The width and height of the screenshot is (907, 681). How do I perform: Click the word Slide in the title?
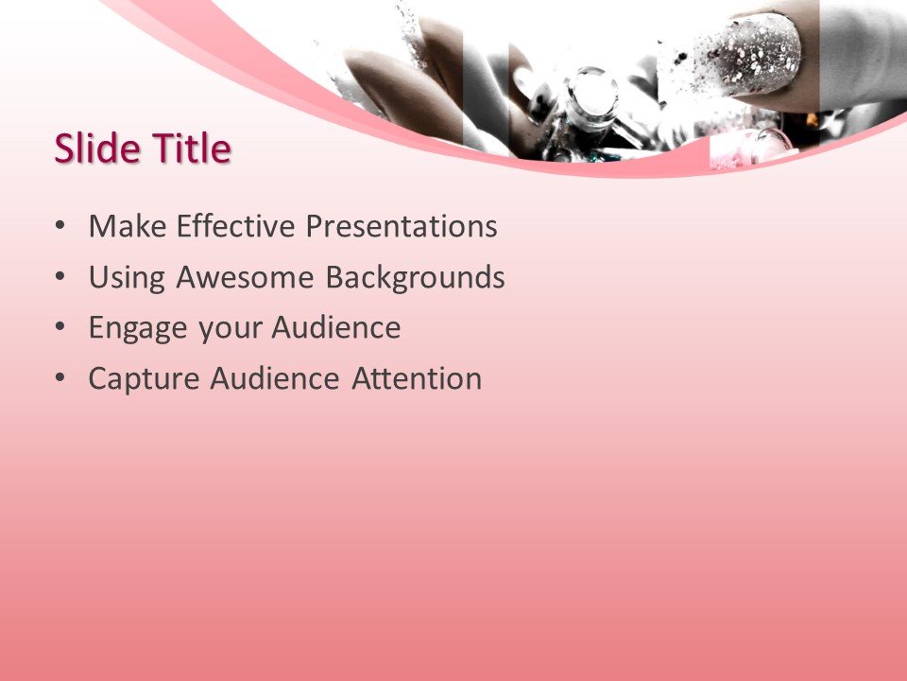coord(94,149)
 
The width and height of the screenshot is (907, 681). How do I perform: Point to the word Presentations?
coord(401,227)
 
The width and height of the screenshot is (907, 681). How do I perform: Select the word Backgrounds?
coord(415,278)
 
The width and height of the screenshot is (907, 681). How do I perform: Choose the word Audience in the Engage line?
coord(336,329)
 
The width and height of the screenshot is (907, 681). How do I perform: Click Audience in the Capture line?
coord(275,379)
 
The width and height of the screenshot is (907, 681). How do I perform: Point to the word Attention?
coord(417,379)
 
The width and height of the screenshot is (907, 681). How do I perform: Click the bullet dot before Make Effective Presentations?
coord(61,228)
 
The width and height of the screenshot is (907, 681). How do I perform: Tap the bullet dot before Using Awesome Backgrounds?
coord(61,279)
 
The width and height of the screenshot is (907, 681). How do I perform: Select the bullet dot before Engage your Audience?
coord(61,329)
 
